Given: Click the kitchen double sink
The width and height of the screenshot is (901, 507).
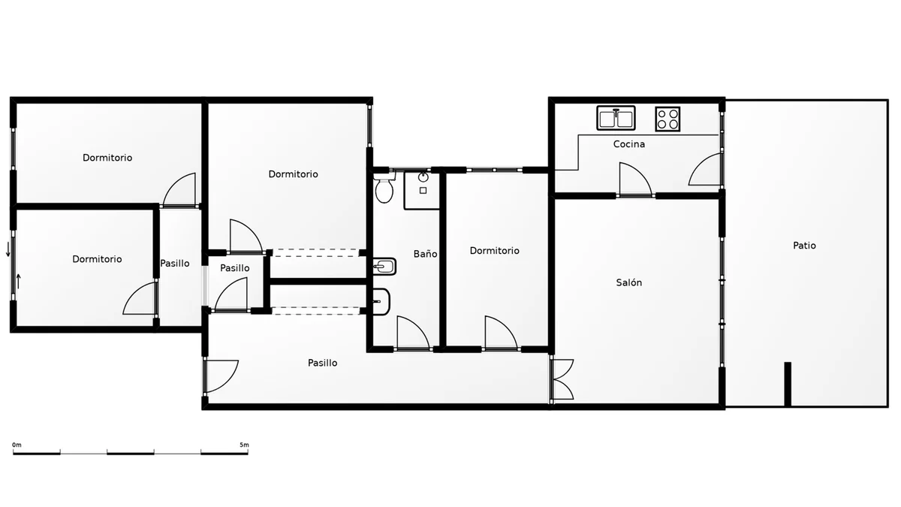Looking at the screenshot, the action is pos(616,118).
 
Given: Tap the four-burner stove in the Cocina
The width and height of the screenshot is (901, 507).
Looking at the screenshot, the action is pos(667,119).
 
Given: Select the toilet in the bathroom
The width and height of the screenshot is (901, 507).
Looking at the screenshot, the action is pos(384,188).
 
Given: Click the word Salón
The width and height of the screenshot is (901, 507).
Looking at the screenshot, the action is pos(629,282).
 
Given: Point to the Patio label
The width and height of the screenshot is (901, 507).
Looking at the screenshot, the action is pos(804,246).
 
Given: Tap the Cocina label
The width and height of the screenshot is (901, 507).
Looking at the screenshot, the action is pos(629,144).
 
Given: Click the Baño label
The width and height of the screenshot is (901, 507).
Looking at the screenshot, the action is pos(426,254).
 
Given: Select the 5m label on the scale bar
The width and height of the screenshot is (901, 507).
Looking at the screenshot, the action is pos(244,445).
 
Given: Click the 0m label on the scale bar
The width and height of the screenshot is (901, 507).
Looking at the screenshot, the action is pos(17,445).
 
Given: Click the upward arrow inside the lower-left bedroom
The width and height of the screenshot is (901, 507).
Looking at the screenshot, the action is pos(19,281).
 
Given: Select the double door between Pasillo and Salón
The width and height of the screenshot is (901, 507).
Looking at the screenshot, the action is pos(562,379).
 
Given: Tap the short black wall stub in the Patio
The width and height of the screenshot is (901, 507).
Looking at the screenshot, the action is pos(788,385).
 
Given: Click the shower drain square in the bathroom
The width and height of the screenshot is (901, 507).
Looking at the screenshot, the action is pos(423,191).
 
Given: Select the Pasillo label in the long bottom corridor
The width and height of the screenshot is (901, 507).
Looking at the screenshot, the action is pos(323,363).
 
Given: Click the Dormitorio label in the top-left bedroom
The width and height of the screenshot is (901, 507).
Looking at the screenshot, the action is pos(107,158).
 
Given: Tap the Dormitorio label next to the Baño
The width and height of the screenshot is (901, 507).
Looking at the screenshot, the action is pos(495,251).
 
